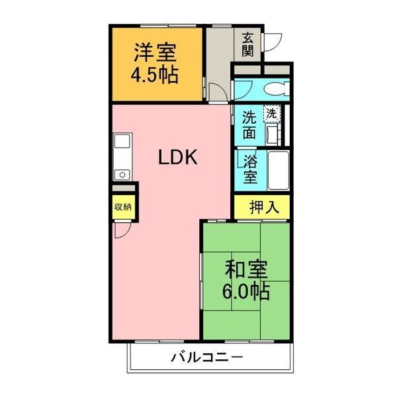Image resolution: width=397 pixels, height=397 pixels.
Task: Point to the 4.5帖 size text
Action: point(154,74)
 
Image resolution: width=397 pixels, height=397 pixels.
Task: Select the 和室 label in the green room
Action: point(246,269)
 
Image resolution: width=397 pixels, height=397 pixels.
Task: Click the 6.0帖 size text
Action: point(246,291)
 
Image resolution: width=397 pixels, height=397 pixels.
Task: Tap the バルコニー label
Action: point(208,358)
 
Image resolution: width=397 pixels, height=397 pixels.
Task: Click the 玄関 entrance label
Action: point(248,44)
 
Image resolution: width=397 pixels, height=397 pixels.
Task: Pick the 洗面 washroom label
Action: point(249,125)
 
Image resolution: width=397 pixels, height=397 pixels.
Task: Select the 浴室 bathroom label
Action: point(250,170)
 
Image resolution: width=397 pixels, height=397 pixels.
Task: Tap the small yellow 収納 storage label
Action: point(123,206)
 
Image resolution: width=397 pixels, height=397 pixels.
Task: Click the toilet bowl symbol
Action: point(273,89)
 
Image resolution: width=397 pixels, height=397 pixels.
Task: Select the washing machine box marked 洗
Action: point(271,113)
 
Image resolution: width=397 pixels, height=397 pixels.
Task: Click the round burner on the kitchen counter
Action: point(122,175)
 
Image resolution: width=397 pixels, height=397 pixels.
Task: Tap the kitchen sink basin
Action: point(122,143)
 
